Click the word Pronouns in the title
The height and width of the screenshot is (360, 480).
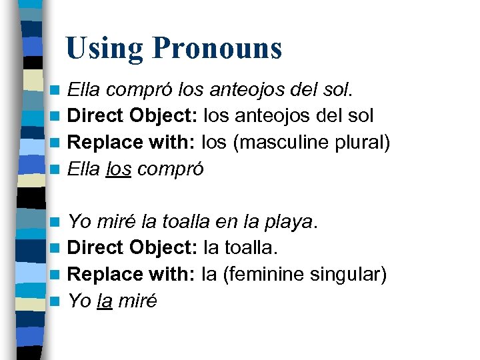(x=217, y=49)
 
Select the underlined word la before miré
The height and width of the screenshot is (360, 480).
(x=104, y=301)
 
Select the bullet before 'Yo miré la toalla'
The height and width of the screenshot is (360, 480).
(x=59, y=221)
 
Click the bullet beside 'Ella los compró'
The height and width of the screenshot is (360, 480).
(x=59, y=170)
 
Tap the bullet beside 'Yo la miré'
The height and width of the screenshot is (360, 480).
(x=59, y=301)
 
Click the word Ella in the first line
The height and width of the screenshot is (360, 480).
(x=84, y=89)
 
